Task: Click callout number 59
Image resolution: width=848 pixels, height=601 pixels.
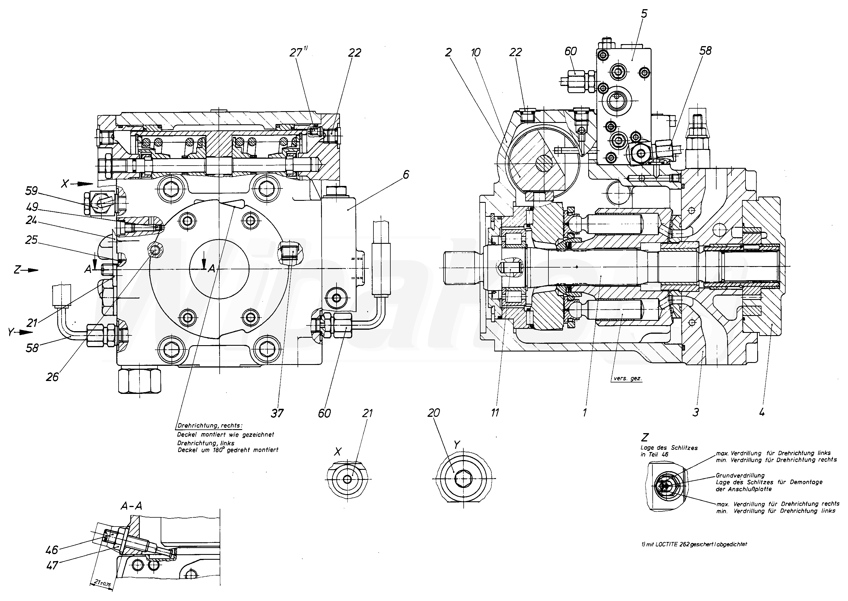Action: point(32,191)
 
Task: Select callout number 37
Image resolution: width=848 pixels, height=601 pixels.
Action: point(277,413)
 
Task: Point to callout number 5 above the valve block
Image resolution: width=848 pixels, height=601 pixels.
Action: point(644,14)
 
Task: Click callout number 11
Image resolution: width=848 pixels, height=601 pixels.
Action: point(495,413)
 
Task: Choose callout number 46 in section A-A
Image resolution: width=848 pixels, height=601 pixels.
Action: point(52,550)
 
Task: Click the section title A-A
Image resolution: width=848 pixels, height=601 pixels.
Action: point(131,506)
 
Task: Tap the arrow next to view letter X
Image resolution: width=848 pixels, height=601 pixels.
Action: point(85,184)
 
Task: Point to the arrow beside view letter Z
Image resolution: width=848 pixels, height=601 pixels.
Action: point(31,270)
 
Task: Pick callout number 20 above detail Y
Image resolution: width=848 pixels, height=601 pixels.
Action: point(433,413)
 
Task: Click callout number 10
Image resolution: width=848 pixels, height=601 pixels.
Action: point(476,52)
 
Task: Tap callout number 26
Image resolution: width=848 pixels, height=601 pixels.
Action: point(52,377)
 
